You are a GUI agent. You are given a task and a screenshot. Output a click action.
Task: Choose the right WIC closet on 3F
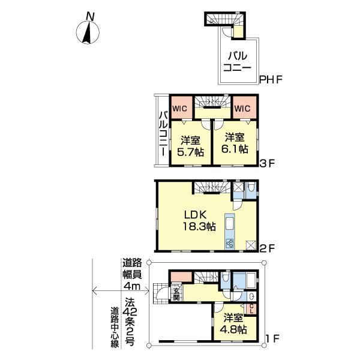[x=243, y=108]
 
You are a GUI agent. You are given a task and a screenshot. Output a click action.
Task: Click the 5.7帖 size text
[x=190, y=150]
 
